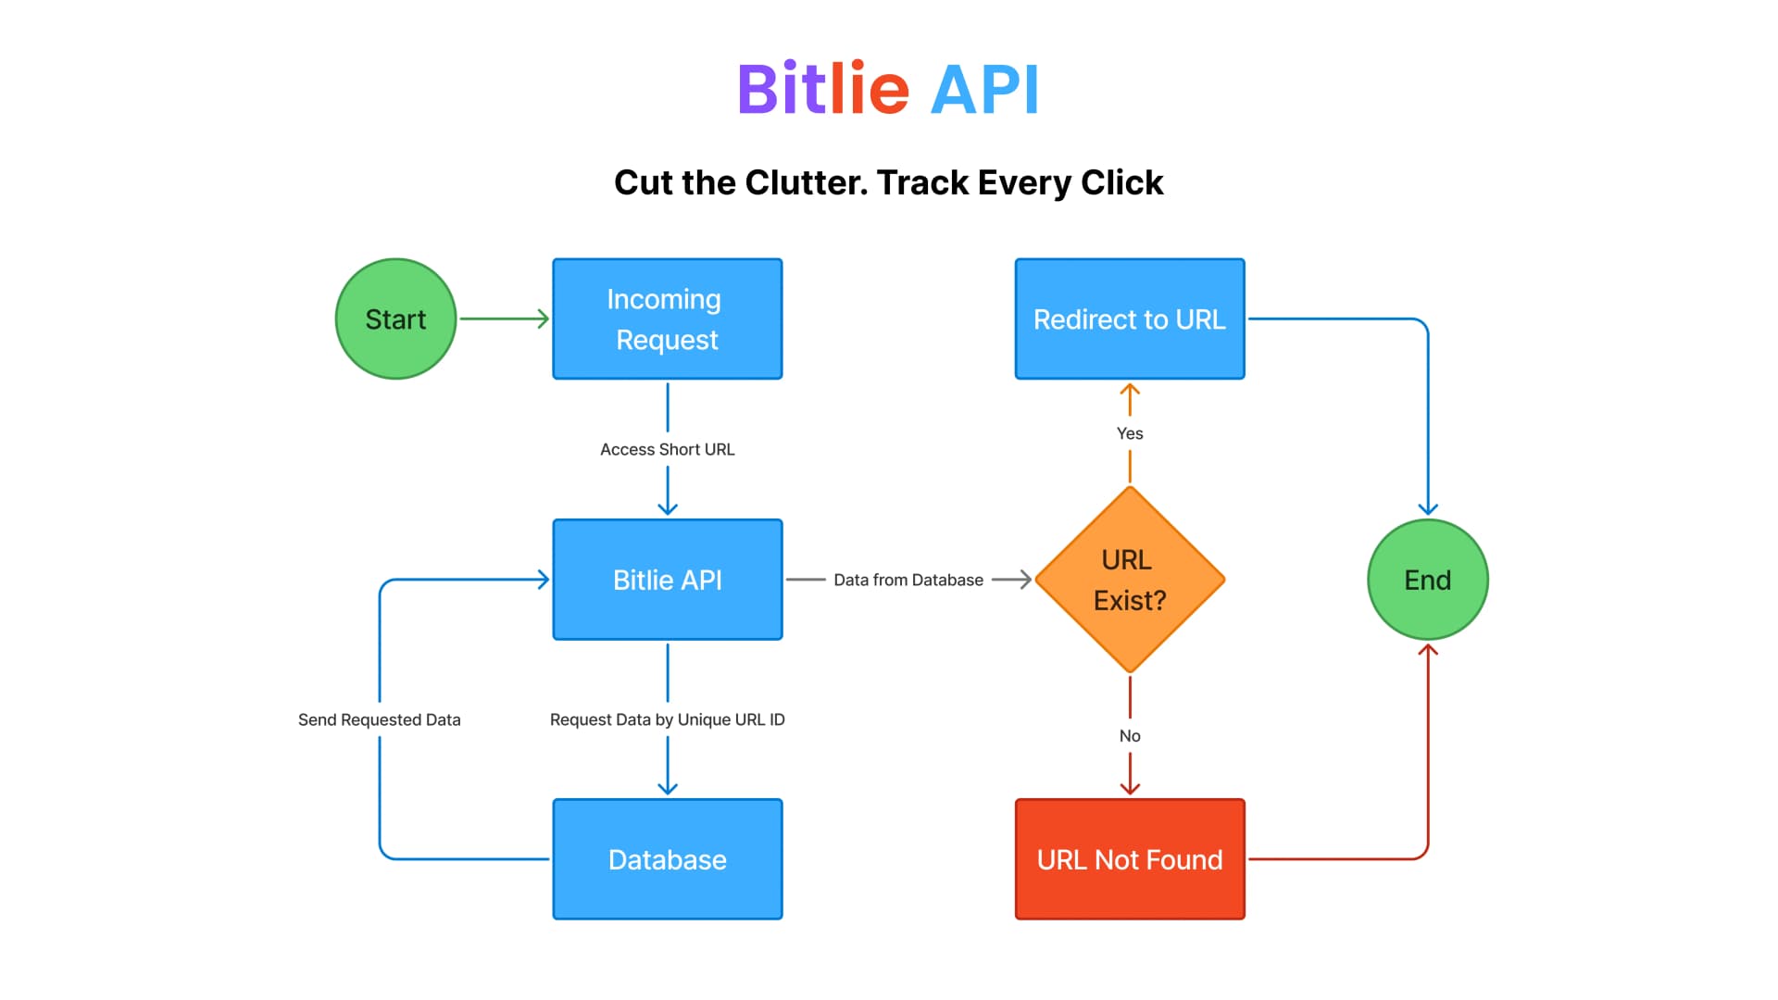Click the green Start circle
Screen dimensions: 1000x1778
[395, 319]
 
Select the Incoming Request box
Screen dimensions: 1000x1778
[667, 319]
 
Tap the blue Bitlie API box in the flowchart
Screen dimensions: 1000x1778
[667, 580]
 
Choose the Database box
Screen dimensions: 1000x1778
[667, 859]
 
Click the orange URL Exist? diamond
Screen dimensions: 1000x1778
[1130, 580]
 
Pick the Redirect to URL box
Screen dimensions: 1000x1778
[1130, 319]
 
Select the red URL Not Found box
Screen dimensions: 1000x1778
[1130, 859]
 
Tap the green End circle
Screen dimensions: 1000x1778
[1427, 580]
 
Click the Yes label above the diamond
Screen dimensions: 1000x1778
[1130, 433]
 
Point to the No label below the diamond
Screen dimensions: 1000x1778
[1130, 736]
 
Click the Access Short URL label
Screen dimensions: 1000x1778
[667, 449]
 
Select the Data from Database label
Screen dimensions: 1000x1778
[908, 580]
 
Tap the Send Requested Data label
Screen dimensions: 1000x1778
[379, 719]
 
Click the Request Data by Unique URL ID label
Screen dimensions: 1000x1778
[667, 719]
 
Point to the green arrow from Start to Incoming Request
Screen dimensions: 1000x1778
[505, 319]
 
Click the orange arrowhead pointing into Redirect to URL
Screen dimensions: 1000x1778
[1130, 390]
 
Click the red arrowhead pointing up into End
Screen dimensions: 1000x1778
[1428, 650]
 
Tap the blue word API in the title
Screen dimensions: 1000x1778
[984, 90]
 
